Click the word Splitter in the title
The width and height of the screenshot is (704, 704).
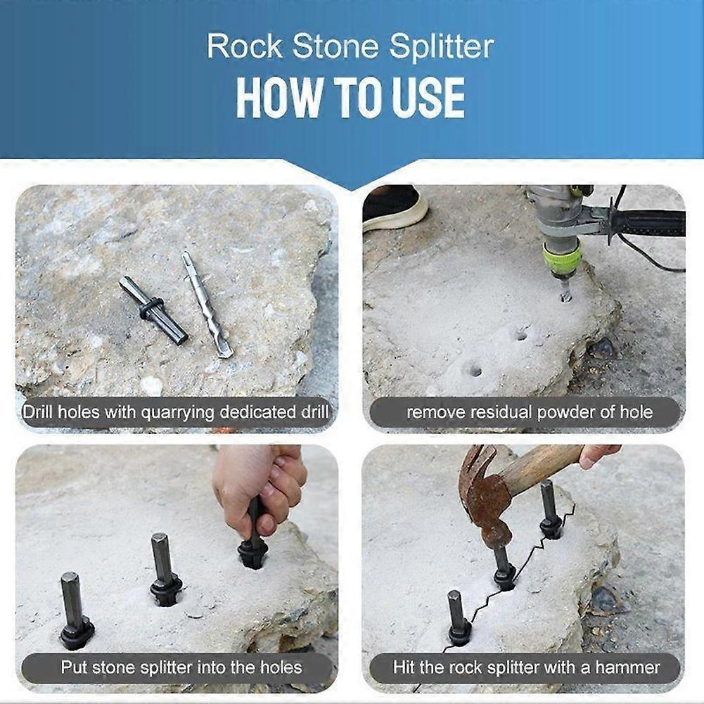[442, 47]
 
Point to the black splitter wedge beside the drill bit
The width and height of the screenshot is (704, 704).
[153, 309]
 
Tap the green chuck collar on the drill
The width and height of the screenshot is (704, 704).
[561, 258]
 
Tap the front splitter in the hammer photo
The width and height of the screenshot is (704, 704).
[458, 619]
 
